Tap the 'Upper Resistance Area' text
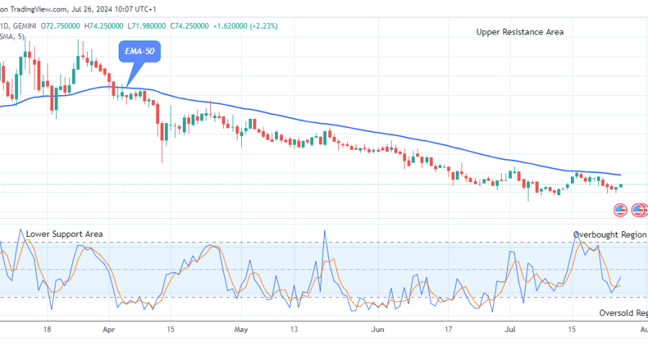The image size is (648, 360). (520, 32)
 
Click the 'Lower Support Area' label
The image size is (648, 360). (64, 234)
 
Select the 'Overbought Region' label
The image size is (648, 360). (609, 235)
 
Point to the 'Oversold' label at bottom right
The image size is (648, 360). (624, 313)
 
